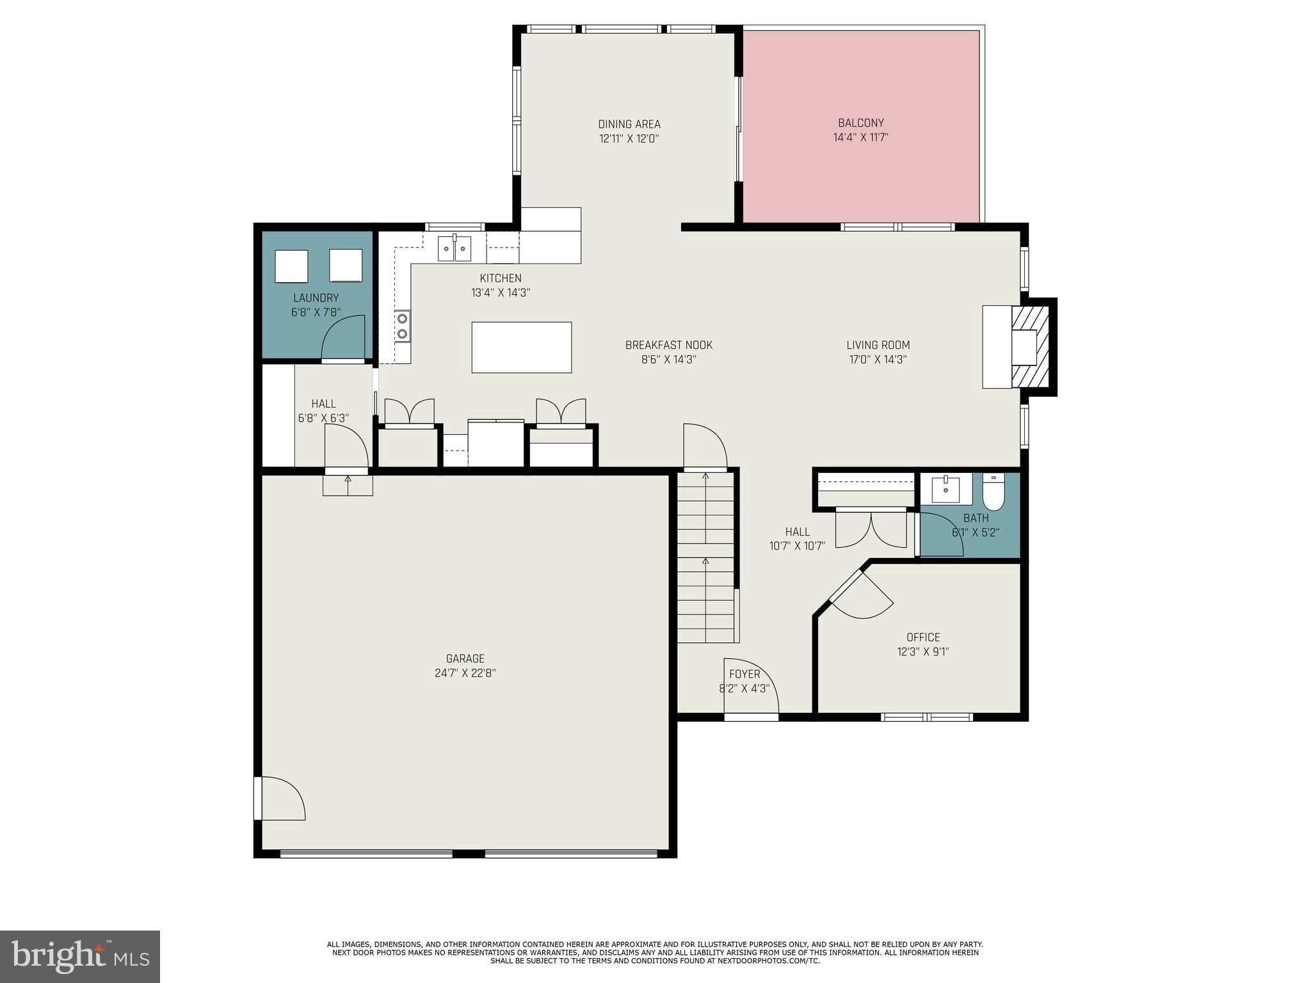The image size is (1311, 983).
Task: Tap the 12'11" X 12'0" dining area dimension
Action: coord(629,138)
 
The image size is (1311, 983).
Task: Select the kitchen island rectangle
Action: coord(521,347)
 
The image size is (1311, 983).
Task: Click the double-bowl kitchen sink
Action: coord(454,248)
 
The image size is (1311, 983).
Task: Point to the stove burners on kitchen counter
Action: coord(403,325)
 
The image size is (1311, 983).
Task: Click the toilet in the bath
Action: coord(994,491)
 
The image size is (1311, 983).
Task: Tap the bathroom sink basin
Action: coord(945,490)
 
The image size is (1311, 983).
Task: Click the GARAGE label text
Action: coord(465,659)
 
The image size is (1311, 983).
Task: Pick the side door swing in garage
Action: coord(282,799)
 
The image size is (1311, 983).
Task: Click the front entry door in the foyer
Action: coord(751,688)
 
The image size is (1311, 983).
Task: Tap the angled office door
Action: coord(861,595)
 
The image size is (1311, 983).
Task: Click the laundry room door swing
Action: coord(343,338)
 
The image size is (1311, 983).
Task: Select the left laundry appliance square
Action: coord(291,266)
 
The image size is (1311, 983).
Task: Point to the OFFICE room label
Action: coord(922,637)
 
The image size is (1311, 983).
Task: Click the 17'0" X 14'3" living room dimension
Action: coord(878,360)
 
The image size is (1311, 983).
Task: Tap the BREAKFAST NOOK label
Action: coord(668,346)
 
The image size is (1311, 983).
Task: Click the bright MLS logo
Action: coord(80,956)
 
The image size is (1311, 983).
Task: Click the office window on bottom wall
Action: coord(926,717)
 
